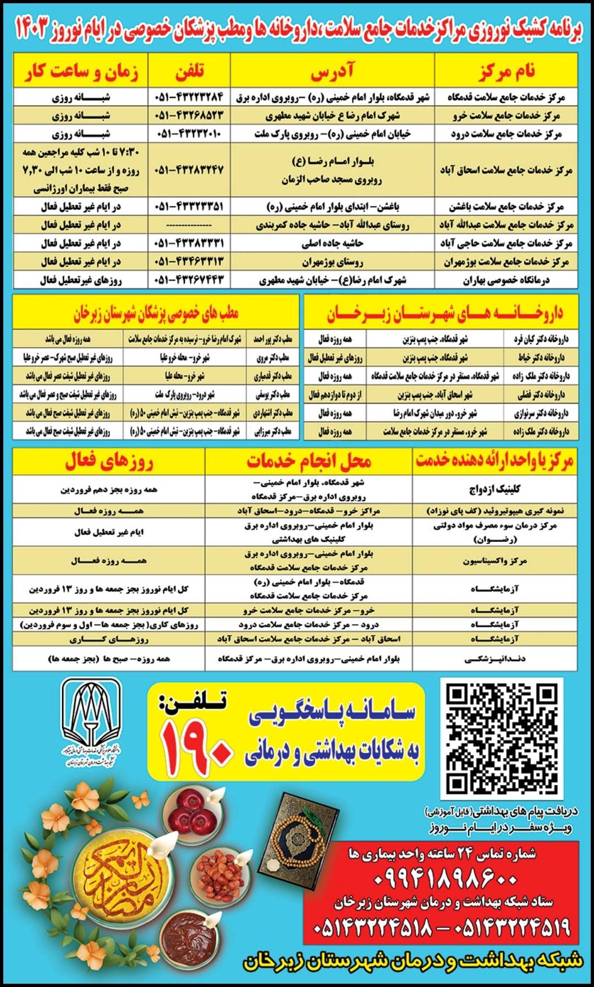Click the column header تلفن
[x=189, y=72]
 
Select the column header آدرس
[x=332, y=72]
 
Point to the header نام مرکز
[x=506, y=72]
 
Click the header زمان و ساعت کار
[x=81, y=72]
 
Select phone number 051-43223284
[x=189, y=97]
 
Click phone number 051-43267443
[x=189, y=279]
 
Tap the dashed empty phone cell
[x=189, y=225]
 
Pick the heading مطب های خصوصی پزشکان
[x=156, y=314]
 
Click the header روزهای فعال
[x=109, y=462]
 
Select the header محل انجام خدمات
[x=309, y=462]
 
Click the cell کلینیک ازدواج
[x=494, y=489]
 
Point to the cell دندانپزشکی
[x=494, y=659]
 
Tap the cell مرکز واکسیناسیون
[x=494, y=561]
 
